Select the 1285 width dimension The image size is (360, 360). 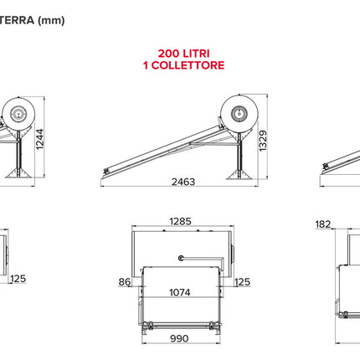pos(180,222)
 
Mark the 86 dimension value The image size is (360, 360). pos(125,282)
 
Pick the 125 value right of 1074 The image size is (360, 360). pos(242,282)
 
